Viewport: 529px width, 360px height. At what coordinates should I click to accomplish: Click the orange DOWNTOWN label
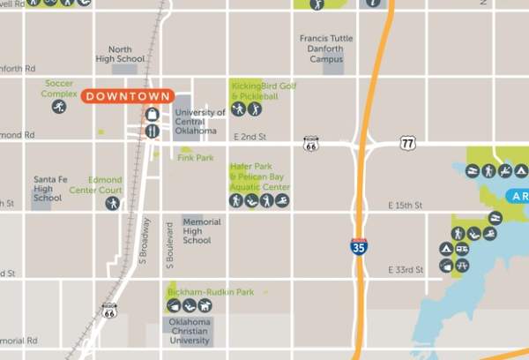point(129,97)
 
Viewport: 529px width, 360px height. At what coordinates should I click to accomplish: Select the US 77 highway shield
point(406,142)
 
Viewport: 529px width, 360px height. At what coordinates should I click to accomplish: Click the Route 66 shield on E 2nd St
point(310,143)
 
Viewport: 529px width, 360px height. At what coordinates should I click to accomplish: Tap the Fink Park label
point(196,158)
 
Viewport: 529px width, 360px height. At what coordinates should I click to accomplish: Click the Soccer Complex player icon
point(58,107)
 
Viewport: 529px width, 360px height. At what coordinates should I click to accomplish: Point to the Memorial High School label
point(197,230)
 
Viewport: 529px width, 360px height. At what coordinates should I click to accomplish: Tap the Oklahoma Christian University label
point(190,330)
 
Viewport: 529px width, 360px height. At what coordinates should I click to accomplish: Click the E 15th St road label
point(406,206)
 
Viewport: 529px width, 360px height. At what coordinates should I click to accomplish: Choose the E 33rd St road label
point(407,269)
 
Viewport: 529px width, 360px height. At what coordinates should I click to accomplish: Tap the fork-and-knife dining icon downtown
point(152,131)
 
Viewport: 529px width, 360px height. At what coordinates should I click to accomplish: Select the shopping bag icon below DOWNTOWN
point(152,115)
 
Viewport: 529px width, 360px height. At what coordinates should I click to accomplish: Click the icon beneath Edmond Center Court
point(112,204)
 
